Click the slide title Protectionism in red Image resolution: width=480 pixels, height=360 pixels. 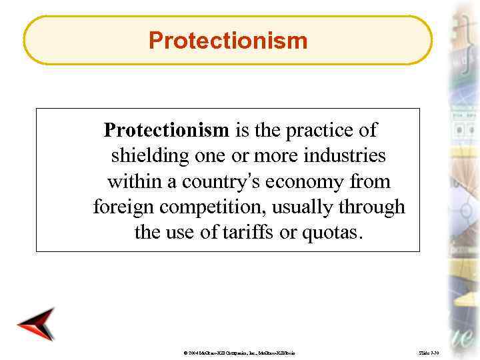[228, 41]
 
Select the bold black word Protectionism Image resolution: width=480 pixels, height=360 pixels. [167, 129]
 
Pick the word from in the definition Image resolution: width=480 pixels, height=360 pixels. [375, 181]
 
